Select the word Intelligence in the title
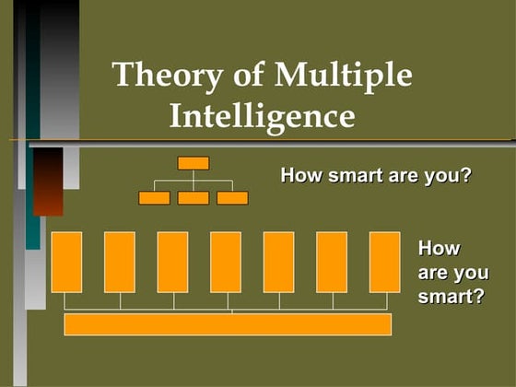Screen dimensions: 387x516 pos(263,117)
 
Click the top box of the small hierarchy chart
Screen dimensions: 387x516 pos(193,163)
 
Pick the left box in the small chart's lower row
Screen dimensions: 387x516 pos(154,197)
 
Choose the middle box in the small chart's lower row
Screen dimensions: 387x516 pos(193,197)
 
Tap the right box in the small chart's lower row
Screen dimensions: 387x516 pos(232,197)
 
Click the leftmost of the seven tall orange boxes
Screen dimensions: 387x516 pos(66,262)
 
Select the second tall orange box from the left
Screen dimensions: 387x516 pos(120,262)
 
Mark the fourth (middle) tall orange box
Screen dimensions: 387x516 pos(226,262)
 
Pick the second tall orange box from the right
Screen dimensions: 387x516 pos(332,262)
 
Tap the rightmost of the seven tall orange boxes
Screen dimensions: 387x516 pos(384,262)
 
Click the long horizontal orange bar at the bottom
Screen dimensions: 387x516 pos(228,324)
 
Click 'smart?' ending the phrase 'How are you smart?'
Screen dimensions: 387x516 pos(451,297)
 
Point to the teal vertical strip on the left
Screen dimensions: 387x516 pos(32,138)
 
